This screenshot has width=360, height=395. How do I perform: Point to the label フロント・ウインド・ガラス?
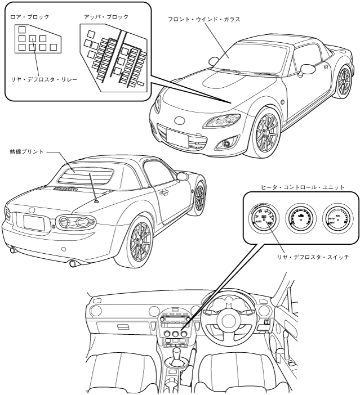(204, 19)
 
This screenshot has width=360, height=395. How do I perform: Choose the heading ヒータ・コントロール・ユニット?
(303, 187)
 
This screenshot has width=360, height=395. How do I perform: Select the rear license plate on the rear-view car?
(35, 221)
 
